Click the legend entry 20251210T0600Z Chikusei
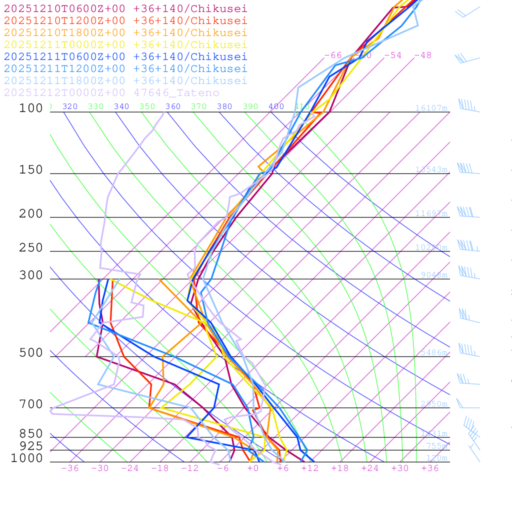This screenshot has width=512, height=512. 125,8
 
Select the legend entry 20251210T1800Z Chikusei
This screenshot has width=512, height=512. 125,32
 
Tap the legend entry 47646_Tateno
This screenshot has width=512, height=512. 111,92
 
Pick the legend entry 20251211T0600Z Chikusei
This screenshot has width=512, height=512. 125,56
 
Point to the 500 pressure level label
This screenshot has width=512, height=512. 31,353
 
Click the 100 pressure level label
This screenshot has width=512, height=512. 31,108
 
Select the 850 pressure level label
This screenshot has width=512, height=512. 31,433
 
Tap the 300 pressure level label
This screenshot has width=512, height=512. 31,275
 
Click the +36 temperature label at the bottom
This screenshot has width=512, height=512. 430,468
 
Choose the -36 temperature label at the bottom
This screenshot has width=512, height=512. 70,468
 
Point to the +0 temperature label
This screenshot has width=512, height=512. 253,468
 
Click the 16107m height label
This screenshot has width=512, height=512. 431,108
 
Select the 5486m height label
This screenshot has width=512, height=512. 433,352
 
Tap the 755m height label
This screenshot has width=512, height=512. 436,446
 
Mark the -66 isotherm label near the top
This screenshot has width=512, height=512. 333,55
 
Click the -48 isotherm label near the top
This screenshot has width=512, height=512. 422,55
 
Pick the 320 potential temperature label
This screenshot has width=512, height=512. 70,106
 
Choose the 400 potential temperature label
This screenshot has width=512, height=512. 276,106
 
